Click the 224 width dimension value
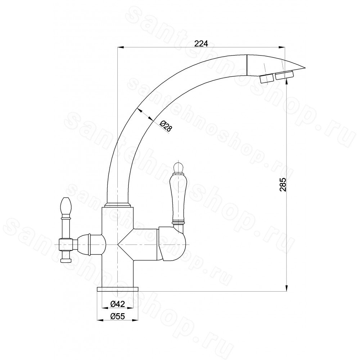(x=201, y=44)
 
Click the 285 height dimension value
(x=283, y=184)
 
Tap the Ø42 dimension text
(x=117, y=304)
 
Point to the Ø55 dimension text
(x=117, y=316)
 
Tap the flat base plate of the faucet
(x=118, y=289)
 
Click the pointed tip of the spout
(x=306, y=68)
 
